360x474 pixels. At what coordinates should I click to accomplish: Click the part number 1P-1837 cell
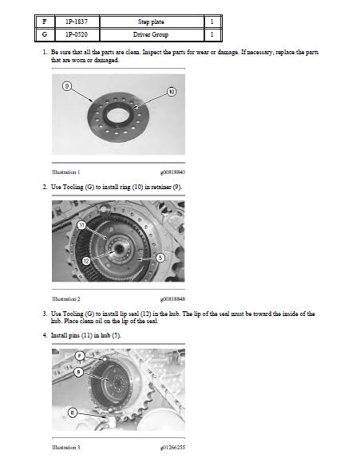(x=77, y=22)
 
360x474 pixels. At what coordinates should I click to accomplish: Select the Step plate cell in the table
(x=152, y=22)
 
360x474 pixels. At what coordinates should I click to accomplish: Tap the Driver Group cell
(x=152, y=34)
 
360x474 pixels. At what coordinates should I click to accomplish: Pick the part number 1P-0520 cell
(x=77, y=34)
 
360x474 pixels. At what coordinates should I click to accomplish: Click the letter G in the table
(x=45, y=34)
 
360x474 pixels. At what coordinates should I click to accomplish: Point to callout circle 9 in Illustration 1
(x=67, y=86)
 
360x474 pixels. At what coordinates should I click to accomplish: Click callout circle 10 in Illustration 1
(x=172, y=92)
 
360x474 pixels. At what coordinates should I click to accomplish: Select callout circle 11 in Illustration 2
(x=81, y=225)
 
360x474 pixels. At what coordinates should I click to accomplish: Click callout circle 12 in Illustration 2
(x=86, y=261)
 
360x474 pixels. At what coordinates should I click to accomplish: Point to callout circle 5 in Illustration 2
(x=160, y=258)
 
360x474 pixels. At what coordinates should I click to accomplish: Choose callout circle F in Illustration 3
(x=80, y=356)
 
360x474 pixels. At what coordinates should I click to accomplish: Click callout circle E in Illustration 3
(x=73, y=413)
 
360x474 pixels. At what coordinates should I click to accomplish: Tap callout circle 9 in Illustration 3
(x=78, y=372)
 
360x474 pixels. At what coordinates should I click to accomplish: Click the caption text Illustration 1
(x=66, y=172)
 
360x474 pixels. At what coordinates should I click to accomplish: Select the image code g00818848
(x=172, y=299)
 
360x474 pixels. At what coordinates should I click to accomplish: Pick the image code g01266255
(x=172, y=448)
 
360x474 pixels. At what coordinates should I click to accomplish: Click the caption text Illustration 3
(x=66, y=448)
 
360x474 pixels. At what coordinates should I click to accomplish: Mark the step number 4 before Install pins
(x=45, y=335)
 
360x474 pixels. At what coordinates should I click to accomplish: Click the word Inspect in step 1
(x=152, y=53)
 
